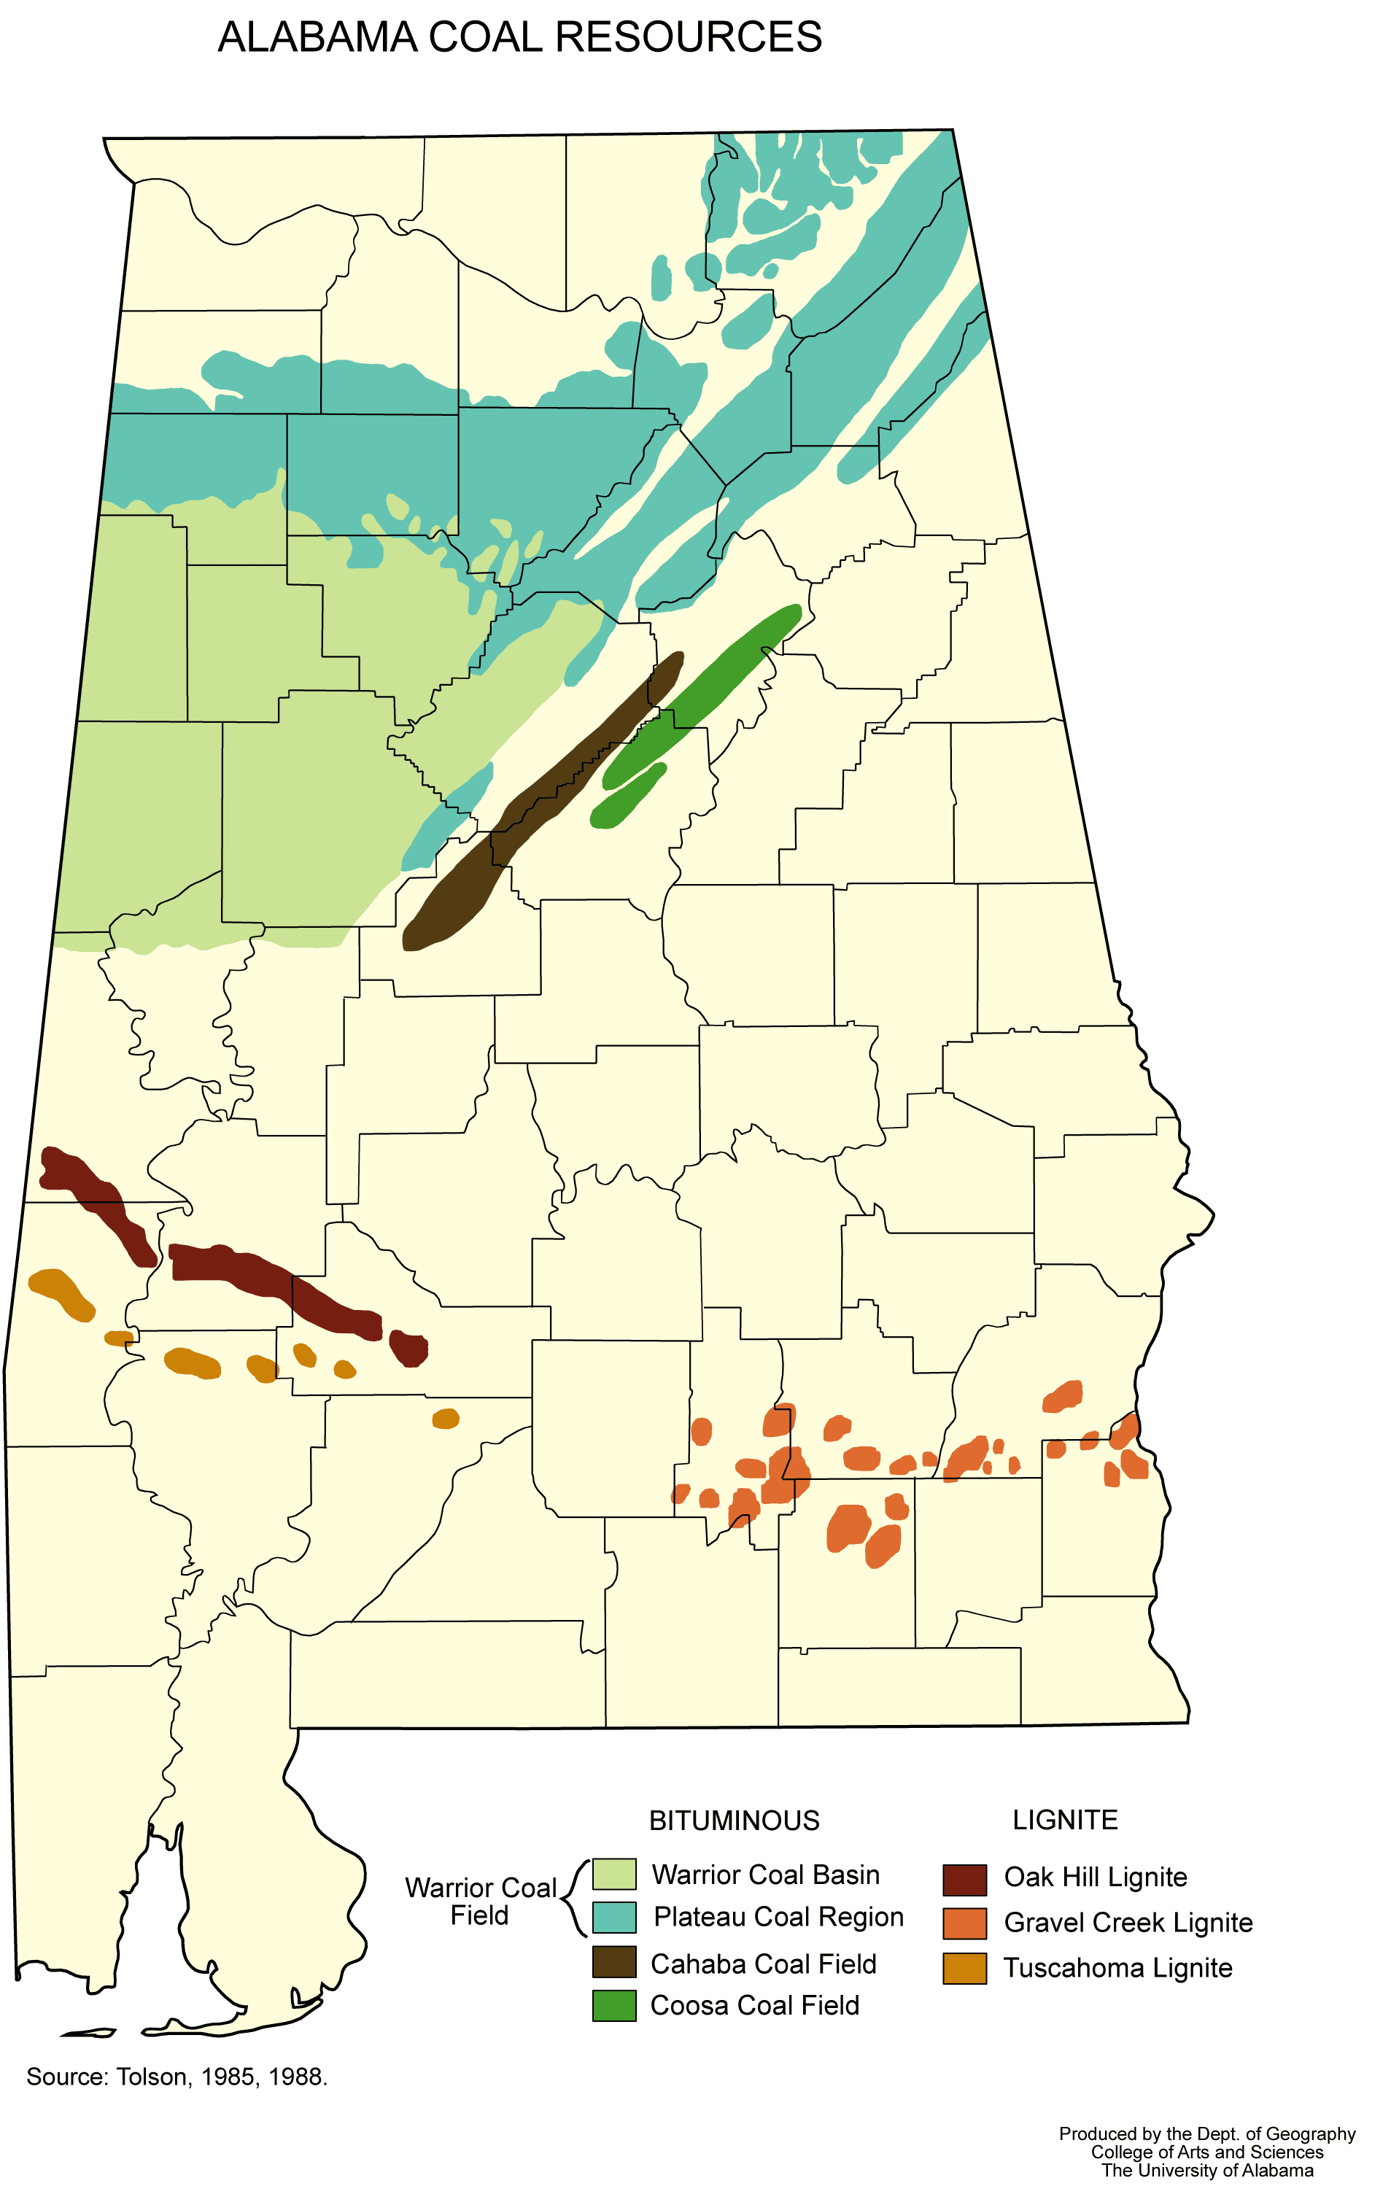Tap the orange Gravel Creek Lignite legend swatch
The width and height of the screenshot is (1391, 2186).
964,1923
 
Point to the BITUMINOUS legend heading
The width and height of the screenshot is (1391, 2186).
734,1821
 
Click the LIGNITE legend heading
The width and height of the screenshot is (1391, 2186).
1065,1820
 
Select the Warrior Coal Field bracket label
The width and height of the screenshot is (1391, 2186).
480,1902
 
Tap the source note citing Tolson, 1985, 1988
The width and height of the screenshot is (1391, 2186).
177,2077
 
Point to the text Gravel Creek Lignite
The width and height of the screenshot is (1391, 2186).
1128,1923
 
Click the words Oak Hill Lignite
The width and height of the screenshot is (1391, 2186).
1095,1877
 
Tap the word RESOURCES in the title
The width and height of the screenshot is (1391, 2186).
689,38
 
